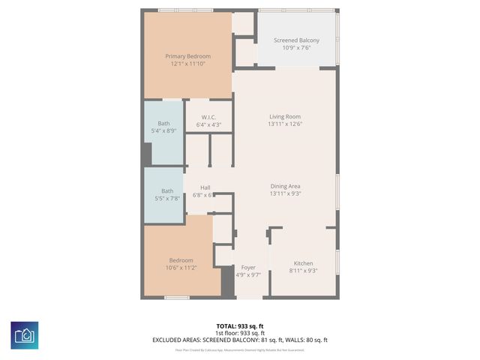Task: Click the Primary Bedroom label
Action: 187,56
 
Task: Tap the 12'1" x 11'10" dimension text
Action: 187,64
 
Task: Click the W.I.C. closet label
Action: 208,117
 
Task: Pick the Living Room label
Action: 285,116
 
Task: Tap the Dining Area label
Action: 285,186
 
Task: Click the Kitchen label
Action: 303,263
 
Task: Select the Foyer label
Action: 248,268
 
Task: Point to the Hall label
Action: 205,187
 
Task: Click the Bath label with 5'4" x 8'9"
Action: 163,124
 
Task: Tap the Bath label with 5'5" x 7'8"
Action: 167,191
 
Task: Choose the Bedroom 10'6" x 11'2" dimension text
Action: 181,268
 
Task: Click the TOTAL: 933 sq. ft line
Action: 240,325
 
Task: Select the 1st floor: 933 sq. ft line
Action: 240,332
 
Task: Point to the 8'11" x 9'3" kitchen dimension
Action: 303,271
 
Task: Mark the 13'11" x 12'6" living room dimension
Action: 285,124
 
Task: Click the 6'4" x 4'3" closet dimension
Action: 208,124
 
